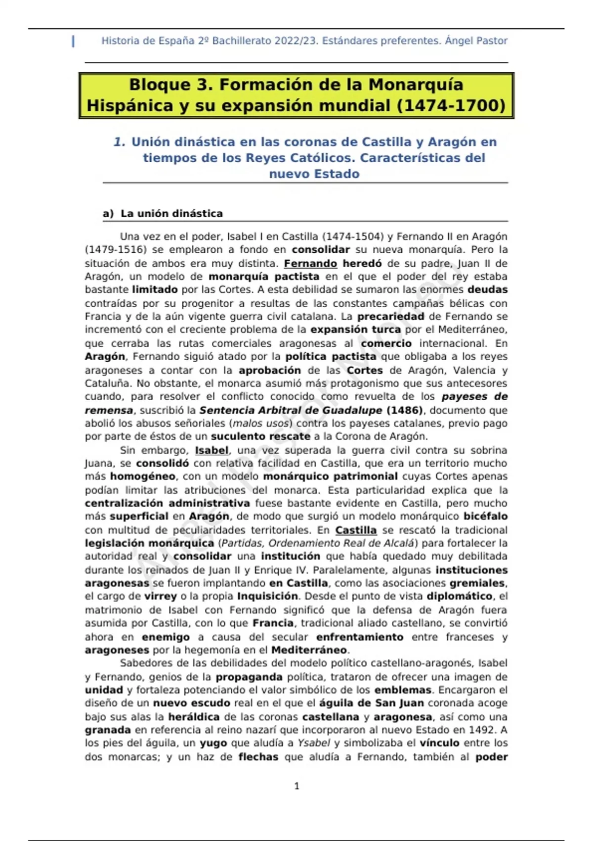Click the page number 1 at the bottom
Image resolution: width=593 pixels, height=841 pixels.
point(296,786)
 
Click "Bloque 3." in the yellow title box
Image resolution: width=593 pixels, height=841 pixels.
point(171,85)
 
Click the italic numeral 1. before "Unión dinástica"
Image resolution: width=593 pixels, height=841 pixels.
point(119,142)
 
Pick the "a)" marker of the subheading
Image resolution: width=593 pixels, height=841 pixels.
point(108,214)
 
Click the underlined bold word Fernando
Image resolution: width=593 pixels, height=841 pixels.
point(310,264)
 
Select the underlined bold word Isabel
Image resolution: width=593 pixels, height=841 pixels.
point(212,450)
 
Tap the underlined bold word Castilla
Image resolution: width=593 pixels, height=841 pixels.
point(356,530)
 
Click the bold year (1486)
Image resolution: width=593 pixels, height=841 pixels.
point(405,410)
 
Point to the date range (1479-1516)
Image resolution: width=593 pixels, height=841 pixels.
point(116,250)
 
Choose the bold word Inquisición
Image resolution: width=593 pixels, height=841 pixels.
point(267,596)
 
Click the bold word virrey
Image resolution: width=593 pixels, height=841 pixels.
point(160,596)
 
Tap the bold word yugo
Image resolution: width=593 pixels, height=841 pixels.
point(213,743)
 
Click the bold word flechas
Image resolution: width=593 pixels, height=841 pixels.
point(258,757)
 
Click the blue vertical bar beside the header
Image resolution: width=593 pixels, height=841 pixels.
point(74,42)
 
